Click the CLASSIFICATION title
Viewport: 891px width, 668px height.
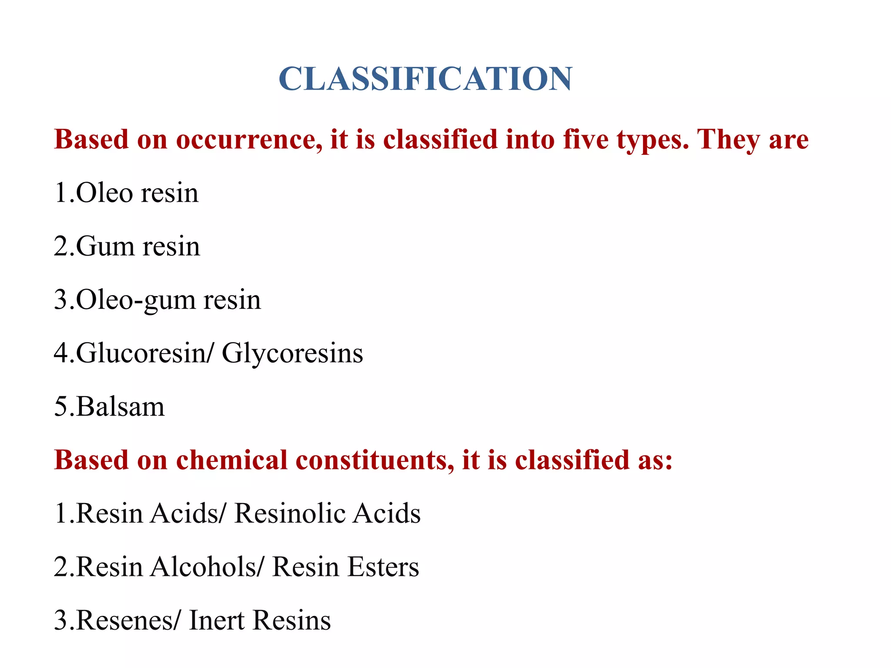pos(425,79)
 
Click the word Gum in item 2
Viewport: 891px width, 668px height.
pos(105,246)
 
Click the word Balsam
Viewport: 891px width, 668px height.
pos(121,407)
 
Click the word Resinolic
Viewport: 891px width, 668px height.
pos(289,513)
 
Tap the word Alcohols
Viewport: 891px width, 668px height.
pos(204,567)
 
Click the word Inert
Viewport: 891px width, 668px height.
pos(216,620)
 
